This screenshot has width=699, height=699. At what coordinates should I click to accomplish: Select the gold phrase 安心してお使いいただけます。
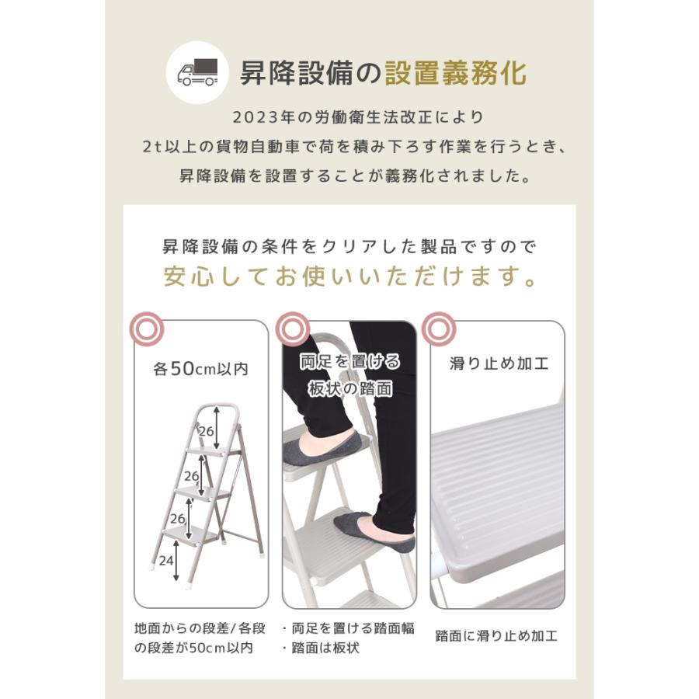click(x=349, y=278)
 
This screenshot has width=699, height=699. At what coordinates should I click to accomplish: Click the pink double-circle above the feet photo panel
click(x=291, y=330)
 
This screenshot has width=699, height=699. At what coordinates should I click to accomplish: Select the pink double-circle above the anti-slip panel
click(x=439, y=330)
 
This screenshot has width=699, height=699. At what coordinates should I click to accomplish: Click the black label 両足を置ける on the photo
click(x=351, y=362)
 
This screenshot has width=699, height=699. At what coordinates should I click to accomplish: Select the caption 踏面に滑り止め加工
click(x=497, y=635)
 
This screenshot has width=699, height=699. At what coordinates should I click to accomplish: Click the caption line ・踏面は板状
click(x=321, y=648)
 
